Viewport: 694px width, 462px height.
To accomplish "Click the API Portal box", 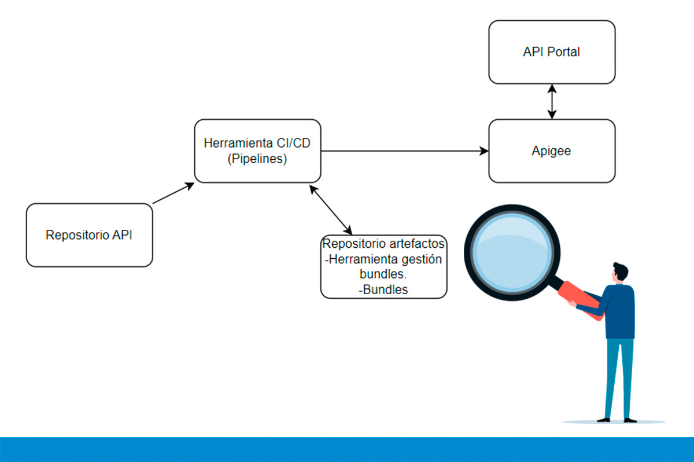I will point(552,52).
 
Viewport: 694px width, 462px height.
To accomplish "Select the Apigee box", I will point(552,151).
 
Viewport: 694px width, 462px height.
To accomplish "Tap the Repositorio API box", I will point(89,235).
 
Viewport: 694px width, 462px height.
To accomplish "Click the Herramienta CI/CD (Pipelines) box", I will point(257,151).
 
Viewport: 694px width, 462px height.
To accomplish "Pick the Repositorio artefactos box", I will point(383,266).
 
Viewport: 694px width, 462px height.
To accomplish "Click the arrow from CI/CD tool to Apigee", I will point(405,151).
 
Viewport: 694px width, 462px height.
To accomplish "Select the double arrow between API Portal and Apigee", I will point(552,102).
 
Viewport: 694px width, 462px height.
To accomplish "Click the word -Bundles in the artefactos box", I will point(383,289).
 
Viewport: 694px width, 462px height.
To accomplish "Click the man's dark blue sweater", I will point(620,313).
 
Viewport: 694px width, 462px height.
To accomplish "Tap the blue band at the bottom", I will point(347,449).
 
